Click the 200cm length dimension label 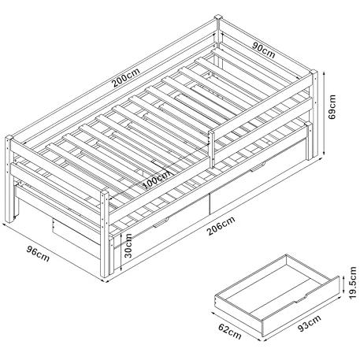pos(126,78)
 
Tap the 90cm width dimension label pos(264,50)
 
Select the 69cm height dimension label pos(332,107)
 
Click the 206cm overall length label pos(221,225)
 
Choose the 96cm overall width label pos(38,254)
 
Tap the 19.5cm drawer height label pos(353,282)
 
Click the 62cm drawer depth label pos(230,331)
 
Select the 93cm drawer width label pos(310,323)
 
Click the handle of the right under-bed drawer pos(258,167)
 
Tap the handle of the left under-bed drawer pos(161,222)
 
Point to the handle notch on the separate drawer pos(300,299)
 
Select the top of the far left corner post pos(9,138)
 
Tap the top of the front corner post pos(104,193)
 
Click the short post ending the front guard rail pos(211,149)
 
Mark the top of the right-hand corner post pos(314,72)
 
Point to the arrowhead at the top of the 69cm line pos(325,72)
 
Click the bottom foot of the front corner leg pos(105,274)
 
